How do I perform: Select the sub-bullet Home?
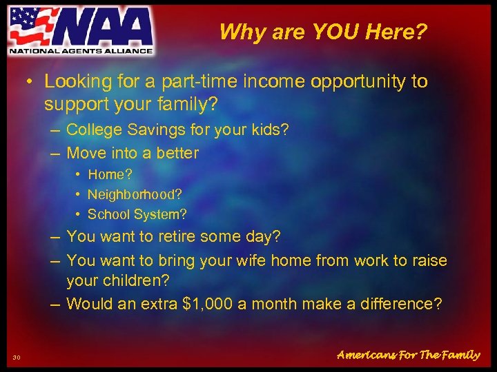pyautogui.click(x=111, y=175)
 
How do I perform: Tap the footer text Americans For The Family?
pyautogui.click(x=408, y=355)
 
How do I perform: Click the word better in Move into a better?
pyautogui.click(x=176, y=153)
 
